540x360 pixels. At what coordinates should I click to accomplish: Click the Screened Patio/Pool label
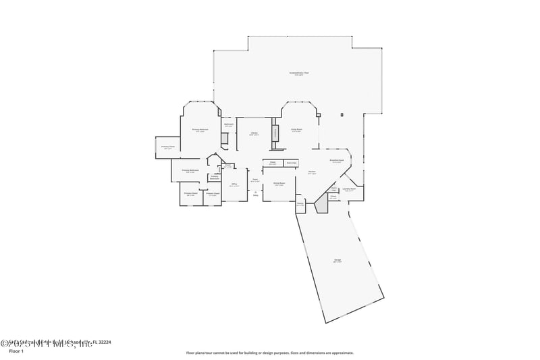click(x=300, y=73)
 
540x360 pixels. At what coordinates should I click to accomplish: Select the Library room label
click(x=254, y=134)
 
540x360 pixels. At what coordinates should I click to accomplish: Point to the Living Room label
click(x=296, y=130)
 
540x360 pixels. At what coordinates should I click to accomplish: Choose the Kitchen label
click(x=313, y=173)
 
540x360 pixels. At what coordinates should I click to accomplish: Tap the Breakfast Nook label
click(x=337, y=161)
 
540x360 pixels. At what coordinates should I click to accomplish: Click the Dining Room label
click(x=278, y=184)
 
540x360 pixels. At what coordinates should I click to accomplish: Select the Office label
click(x=234, y=184)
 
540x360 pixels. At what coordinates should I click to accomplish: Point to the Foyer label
click(x=255, y=180)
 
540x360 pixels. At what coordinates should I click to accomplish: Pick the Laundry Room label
click(x=350, y=189)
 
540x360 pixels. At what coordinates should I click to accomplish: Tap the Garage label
click(x=337, y=261)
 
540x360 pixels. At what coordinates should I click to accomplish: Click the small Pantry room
click(x=300, y=205)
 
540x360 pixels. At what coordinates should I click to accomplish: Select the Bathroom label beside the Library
click(x=229, y=125)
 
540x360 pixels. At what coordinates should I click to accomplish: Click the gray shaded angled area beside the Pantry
click(x=321, y=203)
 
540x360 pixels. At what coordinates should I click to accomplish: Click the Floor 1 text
click(x=16, y=352)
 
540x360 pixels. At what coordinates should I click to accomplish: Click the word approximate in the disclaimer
click(x=340, y=353)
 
